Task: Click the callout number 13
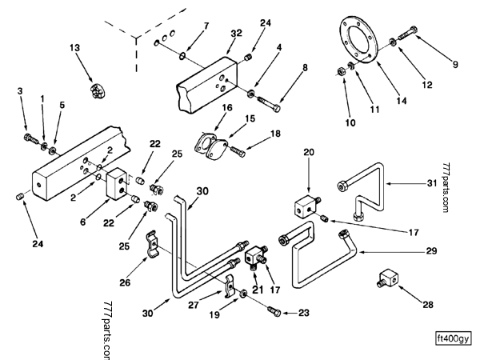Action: tap(76, 48)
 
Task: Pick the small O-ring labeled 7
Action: tap(183, 55)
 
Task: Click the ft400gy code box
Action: tap(452, 336)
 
